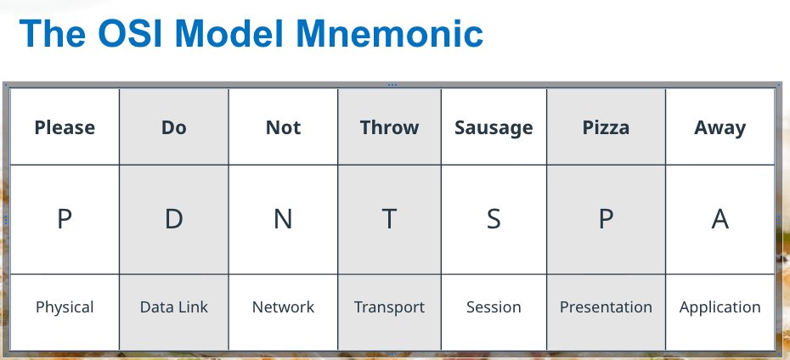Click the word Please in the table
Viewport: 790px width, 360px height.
[65, 127]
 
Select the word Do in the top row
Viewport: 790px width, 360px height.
[174, 127]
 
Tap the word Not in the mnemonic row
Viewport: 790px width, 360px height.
[283, 127]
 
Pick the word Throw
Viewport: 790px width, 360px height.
[389, 127]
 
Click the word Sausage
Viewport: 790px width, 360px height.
[494, 128]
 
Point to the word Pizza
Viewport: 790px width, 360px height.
[607, 127]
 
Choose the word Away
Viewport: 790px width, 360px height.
[720, 128]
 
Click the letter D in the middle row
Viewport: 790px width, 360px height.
[174, 219]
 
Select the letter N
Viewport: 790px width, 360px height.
[283, 219]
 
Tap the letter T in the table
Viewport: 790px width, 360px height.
[389, 219]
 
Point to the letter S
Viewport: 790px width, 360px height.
[494, 219]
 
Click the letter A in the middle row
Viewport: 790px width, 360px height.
[720, 219]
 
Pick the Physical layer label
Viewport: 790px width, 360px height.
[65, 307]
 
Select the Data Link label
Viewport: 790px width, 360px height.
[174, 307]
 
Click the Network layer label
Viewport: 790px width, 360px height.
[283, 307]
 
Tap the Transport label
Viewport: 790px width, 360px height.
[389, 307]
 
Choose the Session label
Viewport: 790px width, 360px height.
[494, 307]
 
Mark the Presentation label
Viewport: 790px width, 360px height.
[607, 307]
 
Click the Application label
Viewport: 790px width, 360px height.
[720, 307]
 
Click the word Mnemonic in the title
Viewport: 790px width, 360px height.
[389, 33]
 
